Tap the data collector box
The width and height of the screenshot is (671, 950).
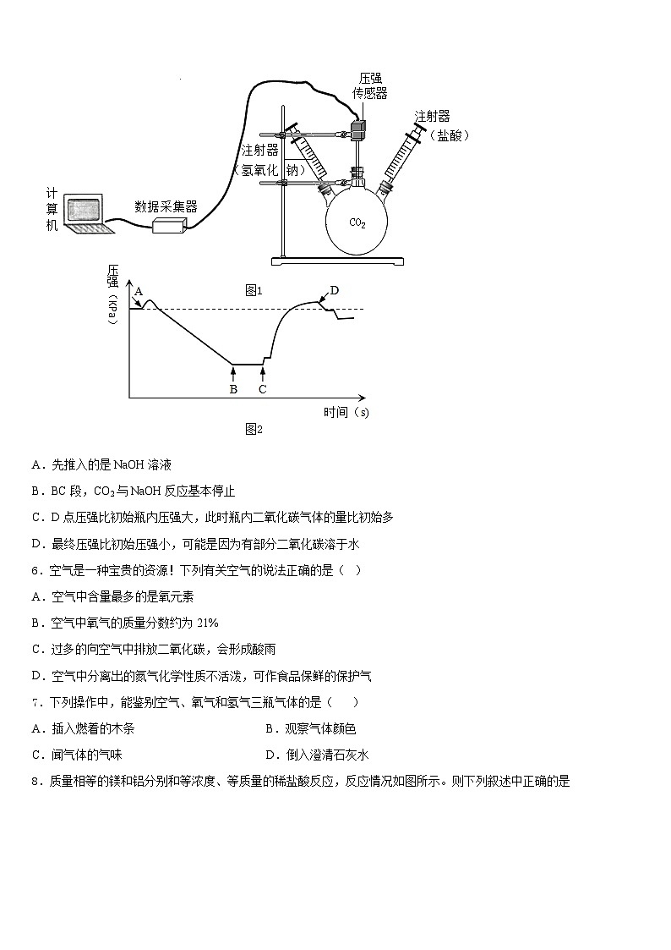(x=168, y=224)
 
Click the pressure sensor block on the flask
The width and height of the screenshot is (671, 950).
(x=358, y=130)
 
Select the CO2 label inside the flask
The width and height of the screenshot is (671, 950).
(x=357, y=222)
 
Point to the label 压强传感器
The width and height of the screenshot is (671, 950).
(x=369, y=85)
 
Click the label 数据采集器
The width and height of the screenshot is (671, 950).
(x=166, y=206)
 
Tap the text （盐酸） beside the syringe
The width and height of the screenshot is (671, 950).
(x=449, y=135)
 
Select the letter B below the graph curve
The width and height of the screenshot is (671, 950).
(x=233, y=389)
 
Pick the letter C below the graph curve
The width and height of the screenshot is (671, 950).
(x=262, y=389)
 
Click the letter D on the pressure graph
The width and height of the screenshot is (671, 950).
(x=334, y=290)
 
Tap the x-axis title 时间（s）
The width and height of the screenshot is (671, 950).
(x=346, y=413)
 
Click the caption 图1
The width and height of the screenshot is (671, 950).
(x=254, y=290)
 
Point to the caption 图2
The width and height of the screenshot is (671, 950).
(x=254, y=429)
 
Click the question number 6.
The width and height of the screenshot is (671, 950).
(x=35, y=570)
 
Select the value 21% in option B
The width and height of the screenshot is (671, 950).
(x=207, y=623)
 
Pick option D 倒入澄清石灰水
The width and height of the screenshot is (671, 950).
(x=317, y=755)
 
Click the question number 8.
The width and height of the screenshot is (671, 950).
(x=35, y=781)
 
